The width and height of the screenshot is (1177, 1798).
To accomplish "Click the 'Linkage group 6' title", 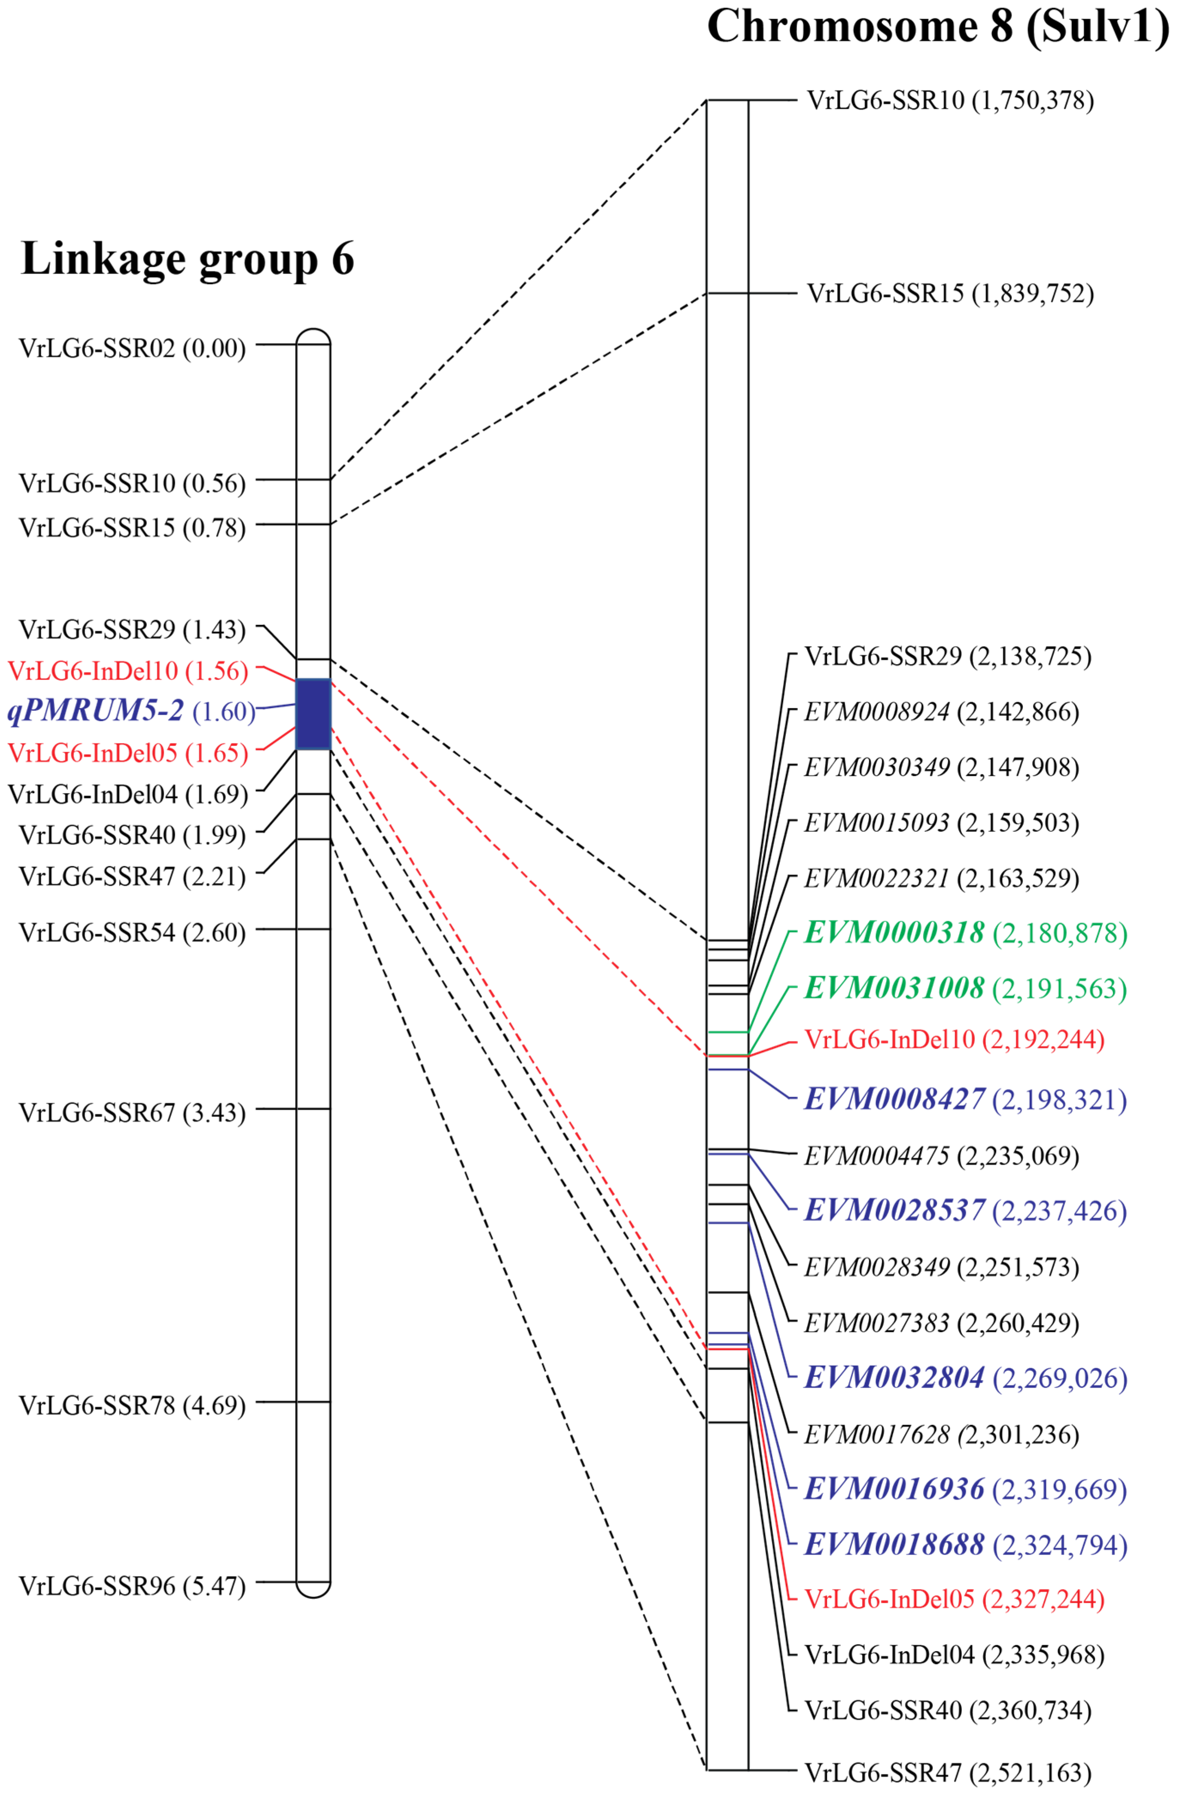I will coord(187,259).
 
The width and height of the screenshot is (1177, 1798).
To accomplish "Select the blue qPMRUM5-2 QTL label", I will coord(96,711).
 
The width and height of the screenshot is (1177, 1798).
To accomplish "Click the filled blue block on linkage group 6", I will coord(313,713).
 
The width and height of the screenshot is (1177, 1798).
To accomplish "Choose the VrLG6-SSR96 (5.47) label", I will coord(132,1586).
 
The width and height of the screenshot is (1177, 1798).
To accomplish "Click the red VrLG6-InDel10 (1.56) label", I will coord(128,671).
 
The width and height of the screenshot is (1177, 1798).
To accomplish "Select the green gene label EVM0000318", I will coord(894,932).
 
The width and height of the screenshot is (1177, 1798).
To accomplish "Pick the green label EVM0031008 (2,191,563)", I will coord(965,988).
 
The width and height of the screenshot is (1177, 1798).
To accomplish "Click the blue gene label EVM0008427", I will coord(894,1099).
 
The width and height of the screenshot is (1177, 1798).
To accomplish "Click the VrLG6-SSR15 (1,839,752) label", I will coord(949,293).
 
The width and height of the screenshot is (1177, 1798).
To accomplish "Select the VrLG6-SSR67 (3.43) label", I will coord(132,1113).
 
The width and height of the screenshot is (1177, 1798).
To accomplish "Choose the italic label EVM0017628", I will coord(876,1434).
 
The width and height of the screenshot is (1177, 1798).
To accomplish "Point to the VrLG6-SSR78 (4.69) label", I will coord(132,1405).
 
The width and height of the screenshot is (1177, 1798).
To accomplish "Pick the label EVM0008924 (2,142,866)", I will coord(940,712).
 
